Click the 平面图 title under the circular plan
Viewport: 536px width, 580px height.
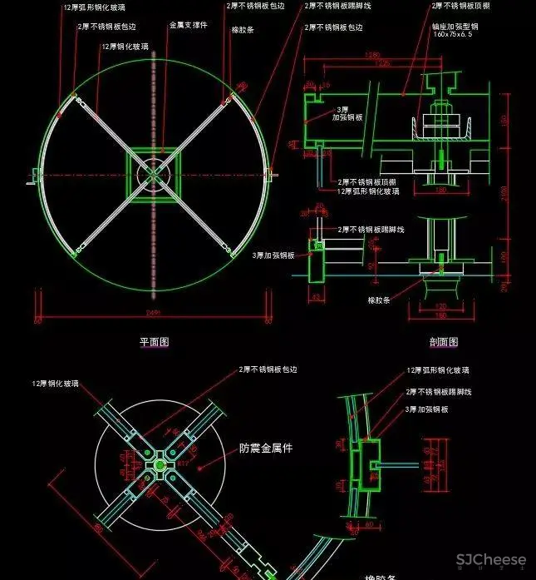[x=155, y=341]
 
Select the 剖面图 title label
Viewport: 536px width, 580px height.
[x=443, y=341]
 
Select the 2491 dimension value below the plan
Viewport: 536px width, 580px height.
[x=152, y=313]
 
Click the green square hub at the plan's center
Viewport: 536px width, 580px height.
[x=153, y=173]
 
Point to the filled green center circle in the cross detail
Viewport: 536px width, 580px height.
[x=159, y=464]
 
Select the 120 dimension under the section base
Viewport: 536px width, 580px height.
[x=442, y=308]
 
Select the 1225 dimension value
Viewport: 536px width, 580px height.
[x=384, y=63]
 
